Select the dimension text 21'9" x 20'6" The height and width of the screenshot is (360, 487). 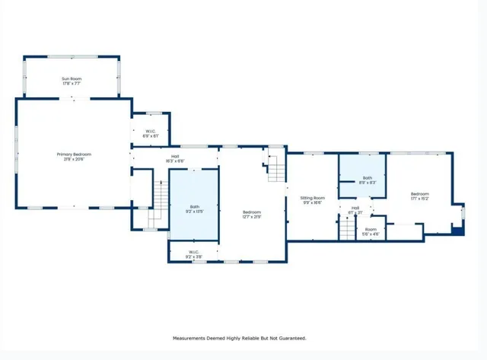74,159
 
